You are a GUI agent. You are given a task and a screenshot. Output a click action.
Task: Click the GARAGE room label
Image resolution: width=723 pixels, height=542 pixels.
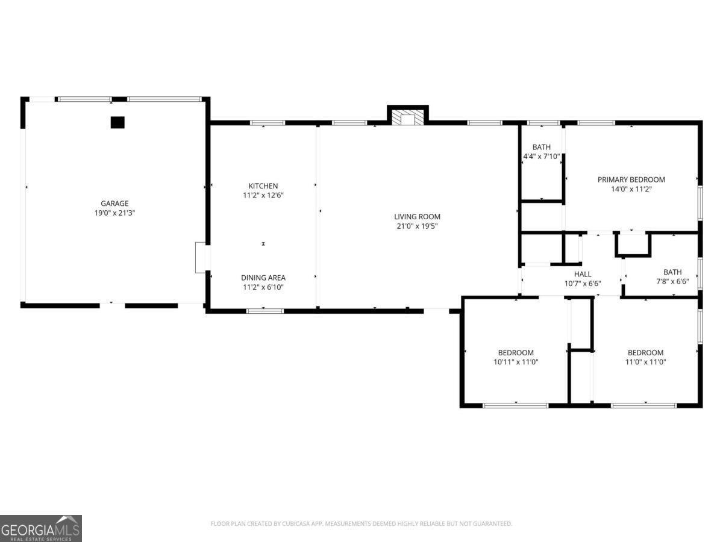tap(114, 204)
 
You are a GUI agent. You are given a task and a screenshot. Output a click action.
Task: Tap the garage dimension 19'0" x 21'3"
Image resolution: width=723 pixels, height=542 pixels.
tap(114, 213)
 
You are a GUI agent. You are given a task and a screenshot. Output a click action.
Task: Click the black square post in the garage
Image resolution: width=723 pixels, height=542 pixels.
tap(117, 122)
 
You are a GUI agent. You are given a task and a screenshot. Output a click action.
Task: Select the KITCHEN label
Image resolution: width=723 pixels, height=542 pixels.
tap(263, 186)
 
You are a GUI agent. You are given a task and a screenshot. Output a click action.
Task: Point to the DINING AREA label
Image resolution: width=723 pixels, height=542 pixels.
tap(263, 278)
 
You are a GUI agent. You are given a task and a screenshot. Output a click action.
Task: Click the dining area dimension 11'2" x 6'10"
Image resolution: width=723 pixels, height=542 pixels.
tap(263, 287)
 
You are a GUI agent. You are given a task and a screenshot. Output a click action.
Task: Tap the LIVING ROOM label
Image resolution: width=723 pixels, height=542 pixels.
tap(417, 217)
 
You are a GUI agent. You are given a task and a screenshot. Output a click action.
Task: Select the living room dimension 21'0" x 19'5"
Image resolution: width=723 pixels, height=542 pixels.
tap(417, 226)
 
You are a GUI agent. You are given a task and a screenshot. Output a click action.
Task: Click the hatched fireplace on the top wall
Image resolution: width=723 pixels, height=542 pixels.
tap(408, 118)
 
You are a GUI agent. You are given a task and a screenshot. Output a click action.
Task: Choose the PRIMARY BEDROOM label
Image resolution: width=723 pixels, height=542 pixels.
tap(631, 179)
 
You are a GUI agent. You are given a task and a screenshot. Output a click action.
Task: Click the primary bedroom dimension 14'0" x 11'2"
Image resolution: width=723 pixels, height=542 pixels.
tap(631, 189)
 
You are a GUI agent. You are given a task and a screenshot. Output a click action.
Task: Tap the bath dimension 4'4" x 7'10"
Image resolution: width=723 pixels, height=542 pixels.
tap(541, 157)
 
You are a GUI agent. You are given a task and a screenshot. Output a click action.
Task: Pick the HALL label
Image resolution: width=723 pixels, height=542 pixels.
tap(582, 274)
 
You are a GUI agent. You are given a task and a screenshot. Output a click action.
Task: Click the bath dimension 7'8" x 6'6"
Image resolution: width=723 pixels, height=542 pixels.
tap(672, 281)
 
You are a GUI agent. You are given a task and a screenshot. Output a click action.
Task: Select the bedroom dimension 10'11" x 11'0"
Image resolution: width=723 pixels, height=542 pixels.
tap(515, 362)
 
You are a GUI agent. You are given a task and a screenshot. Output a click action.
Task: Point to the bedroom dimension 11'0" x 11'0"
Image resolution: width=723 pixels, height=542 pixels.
tap(645, 362)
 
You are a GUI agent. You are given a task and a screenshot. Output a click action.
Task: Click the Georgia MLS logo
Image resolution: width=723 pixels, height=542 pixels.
tap(41, 528)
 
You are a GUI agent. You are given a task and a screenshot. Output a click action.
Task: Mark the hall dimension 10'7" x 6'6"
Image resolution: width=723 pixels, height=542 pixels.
tap(582, 283)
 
